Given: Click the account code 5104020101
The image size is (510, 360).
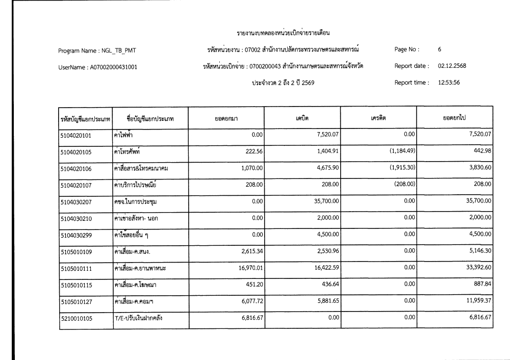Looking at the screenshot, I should (x=76, y=135).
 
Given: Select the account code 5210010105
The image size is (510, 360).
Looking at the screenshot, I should (x=76, y=319).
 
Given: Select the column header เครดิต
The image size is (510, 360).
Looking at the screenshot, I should (x=378, y=118).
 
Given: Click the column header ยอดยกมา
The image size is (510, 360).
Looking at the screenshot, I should (x=226, y=118).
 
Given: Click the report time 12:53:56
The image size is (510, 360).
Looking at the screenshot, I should (x=449, y=83).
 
